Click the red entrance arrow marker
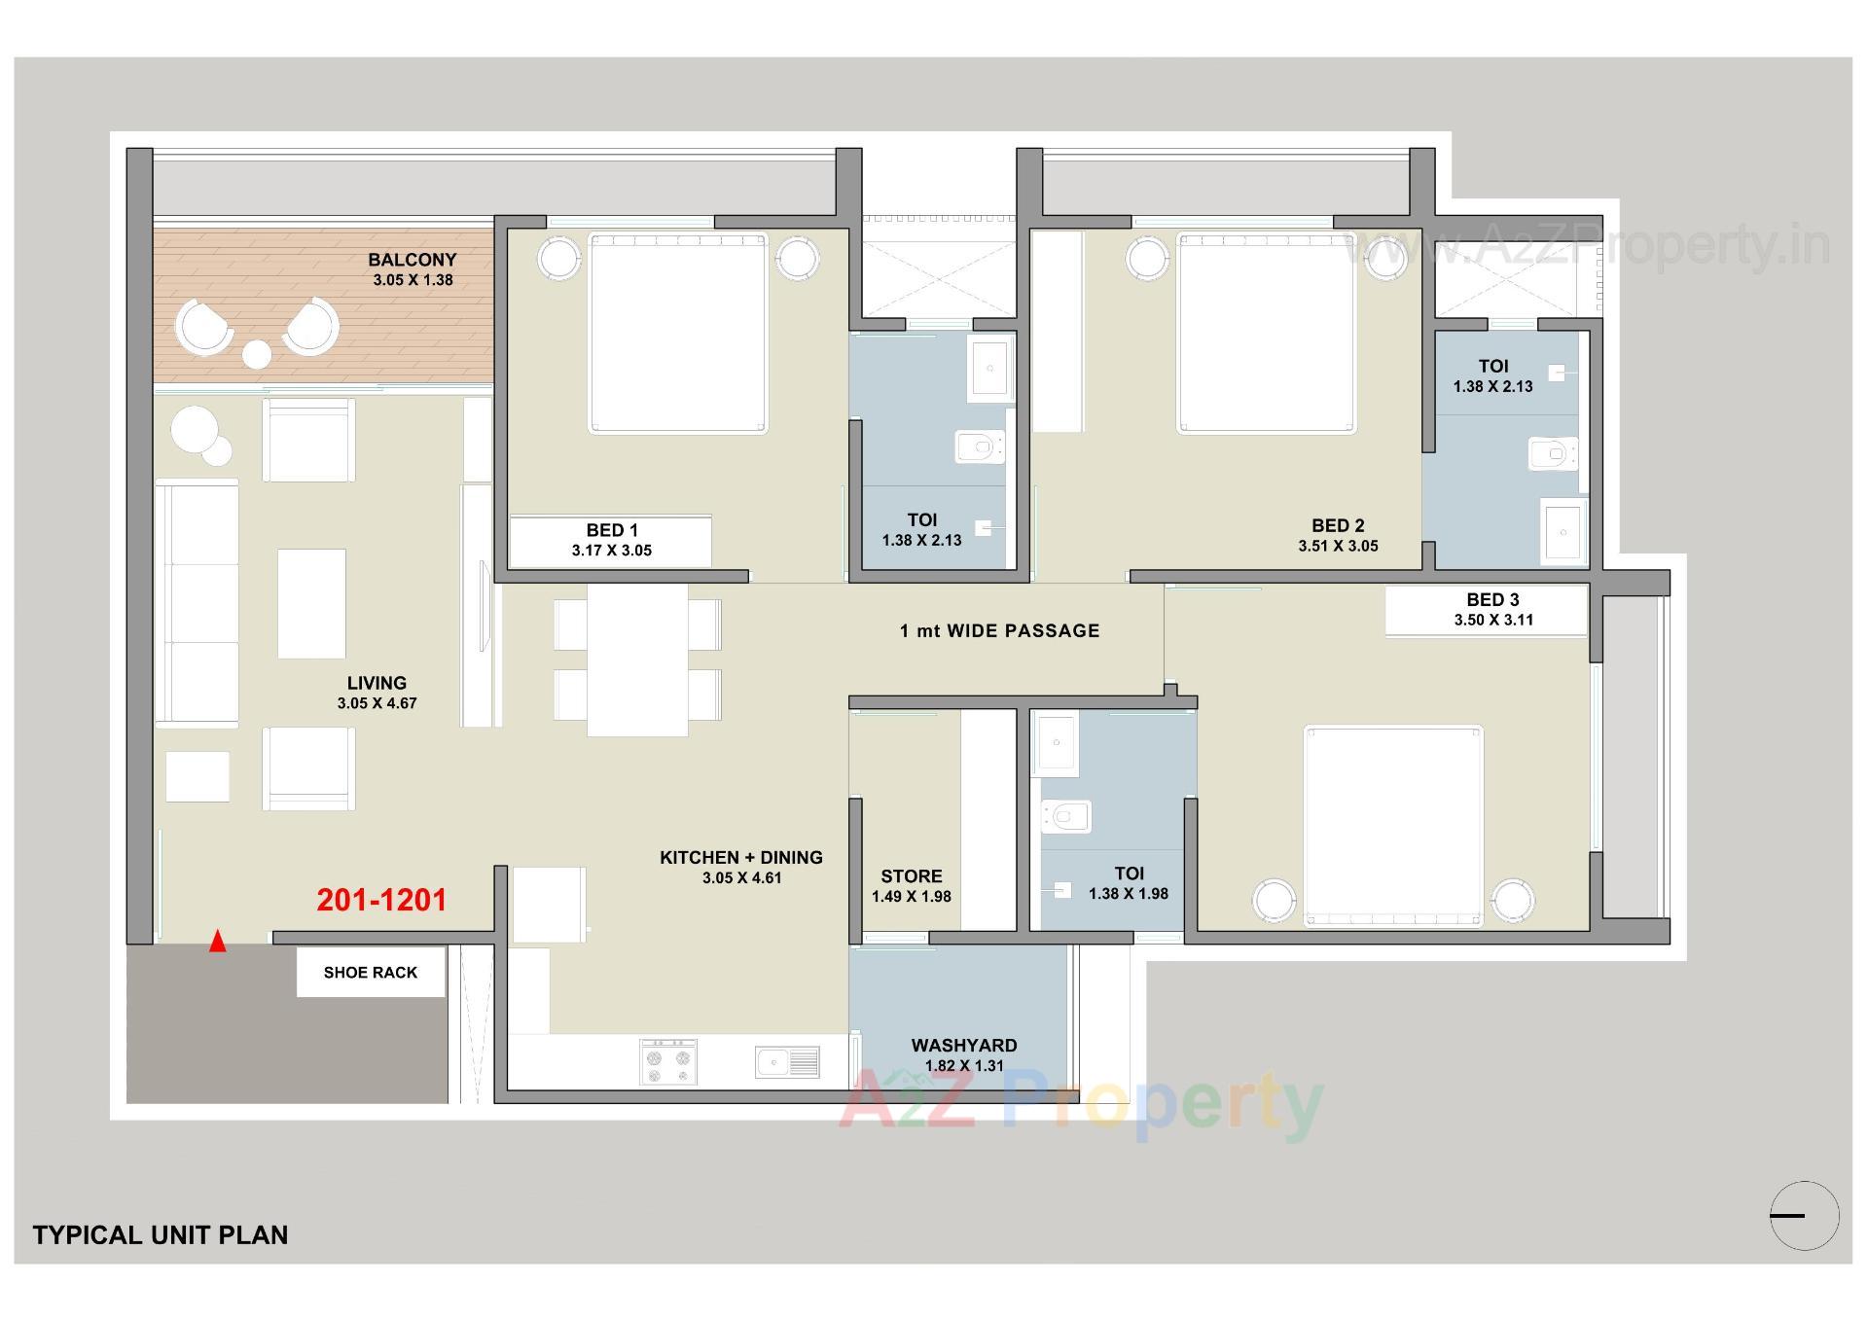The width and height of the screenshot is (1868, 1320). pyautogui.click(x=218, y=941)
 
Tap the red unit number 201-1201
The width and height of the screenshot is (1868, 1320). pyautogui.click(x=381, y=900)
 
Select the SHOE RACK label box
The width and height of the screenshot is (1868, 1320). pyautogui.click(x=371, y=972)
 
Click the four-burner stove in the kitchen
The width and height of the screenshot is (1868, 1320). pyautogui.click(x=668, y=1062)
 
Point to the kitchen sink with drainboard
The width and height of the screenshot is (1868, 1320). pyautogui.click(x=787, y=1062)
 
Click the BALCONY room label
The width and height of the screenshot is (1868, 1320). pyautogui.click(x=412, y=260)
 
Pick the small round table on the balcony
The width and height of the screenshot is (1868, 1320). pyautogui.click(x=257, y=355)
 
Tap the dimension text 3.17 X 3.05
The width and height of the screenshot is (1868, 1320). pyautogui.click(x=611, y=551)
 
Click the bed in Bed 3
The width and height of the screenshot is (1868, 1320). pyautogui.click(x=1392, y=825)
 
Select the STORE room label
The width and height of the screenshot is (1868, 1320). pyautogui.click(x=911, y=875)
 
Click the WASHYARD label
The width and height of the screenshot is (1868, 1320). pyautogui.click(x=963, y=1045)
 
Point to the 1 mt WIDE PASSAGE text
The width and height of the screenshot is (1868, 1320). pyautogui.click(x=999, y=630)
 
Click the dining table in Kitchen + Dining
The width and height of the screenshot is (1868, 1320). pyautogui.click(x=637, y=660)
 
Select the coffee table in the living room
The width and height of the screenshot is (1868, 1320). pyautogui.click(x=311, y=603)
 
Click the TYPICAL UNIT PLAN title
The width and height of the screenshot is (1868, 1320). pyautogui.click(x=161, y=1234)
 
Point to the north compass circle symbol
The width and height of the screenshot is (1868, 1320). pyautogui.click(x=1804, y=1215)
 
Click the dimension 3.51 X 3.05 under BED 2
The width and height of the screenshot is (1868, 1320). pyautogui.click(x=1338, y=546)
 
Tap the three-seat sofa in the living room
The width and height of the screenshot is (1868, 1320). pyautogui.click(x=198, y=603)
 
